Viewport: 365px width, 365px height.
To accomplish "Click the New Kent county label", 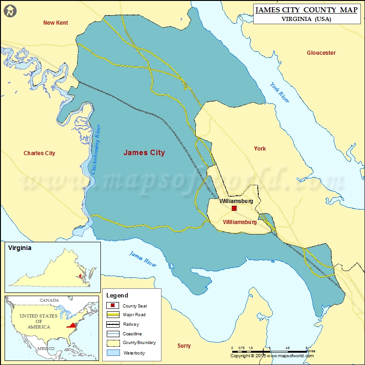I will [55, 23].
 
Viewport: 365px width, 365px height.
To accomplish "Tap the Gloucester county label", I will [321, 53].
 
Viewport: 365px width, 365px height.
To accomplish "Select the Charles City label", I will [39, 153].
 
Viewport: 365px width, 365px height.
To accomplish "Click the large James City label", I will [144, 153].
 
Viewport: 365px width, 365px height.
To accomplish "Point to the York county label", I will [260, 149].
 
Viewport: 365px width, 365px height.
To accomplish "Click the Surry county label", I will [184, 346].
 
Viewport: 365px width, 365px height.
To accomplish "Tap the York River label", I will [279, 93].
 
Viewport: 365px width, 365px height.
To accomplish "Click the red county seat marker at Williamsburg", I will [234, 208].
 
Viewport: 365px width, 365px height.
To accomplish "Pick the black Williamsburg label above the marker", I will [236, 201].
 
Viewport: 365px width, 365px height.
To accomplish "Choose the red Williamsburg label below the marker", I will [240, 222].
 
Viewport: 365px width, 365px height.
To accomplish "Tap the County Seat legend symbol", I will [112, 306].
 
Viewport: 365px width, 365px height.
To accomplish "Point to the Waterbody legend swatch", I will [112, 352].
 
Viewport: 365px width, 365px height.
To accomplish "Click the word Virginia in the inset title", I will [20, 248].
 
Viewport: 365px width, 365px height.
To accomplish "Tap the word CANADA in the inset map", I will [49, 300].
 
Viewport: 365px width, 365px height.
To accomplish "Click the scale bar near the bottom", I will [269, 351].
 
